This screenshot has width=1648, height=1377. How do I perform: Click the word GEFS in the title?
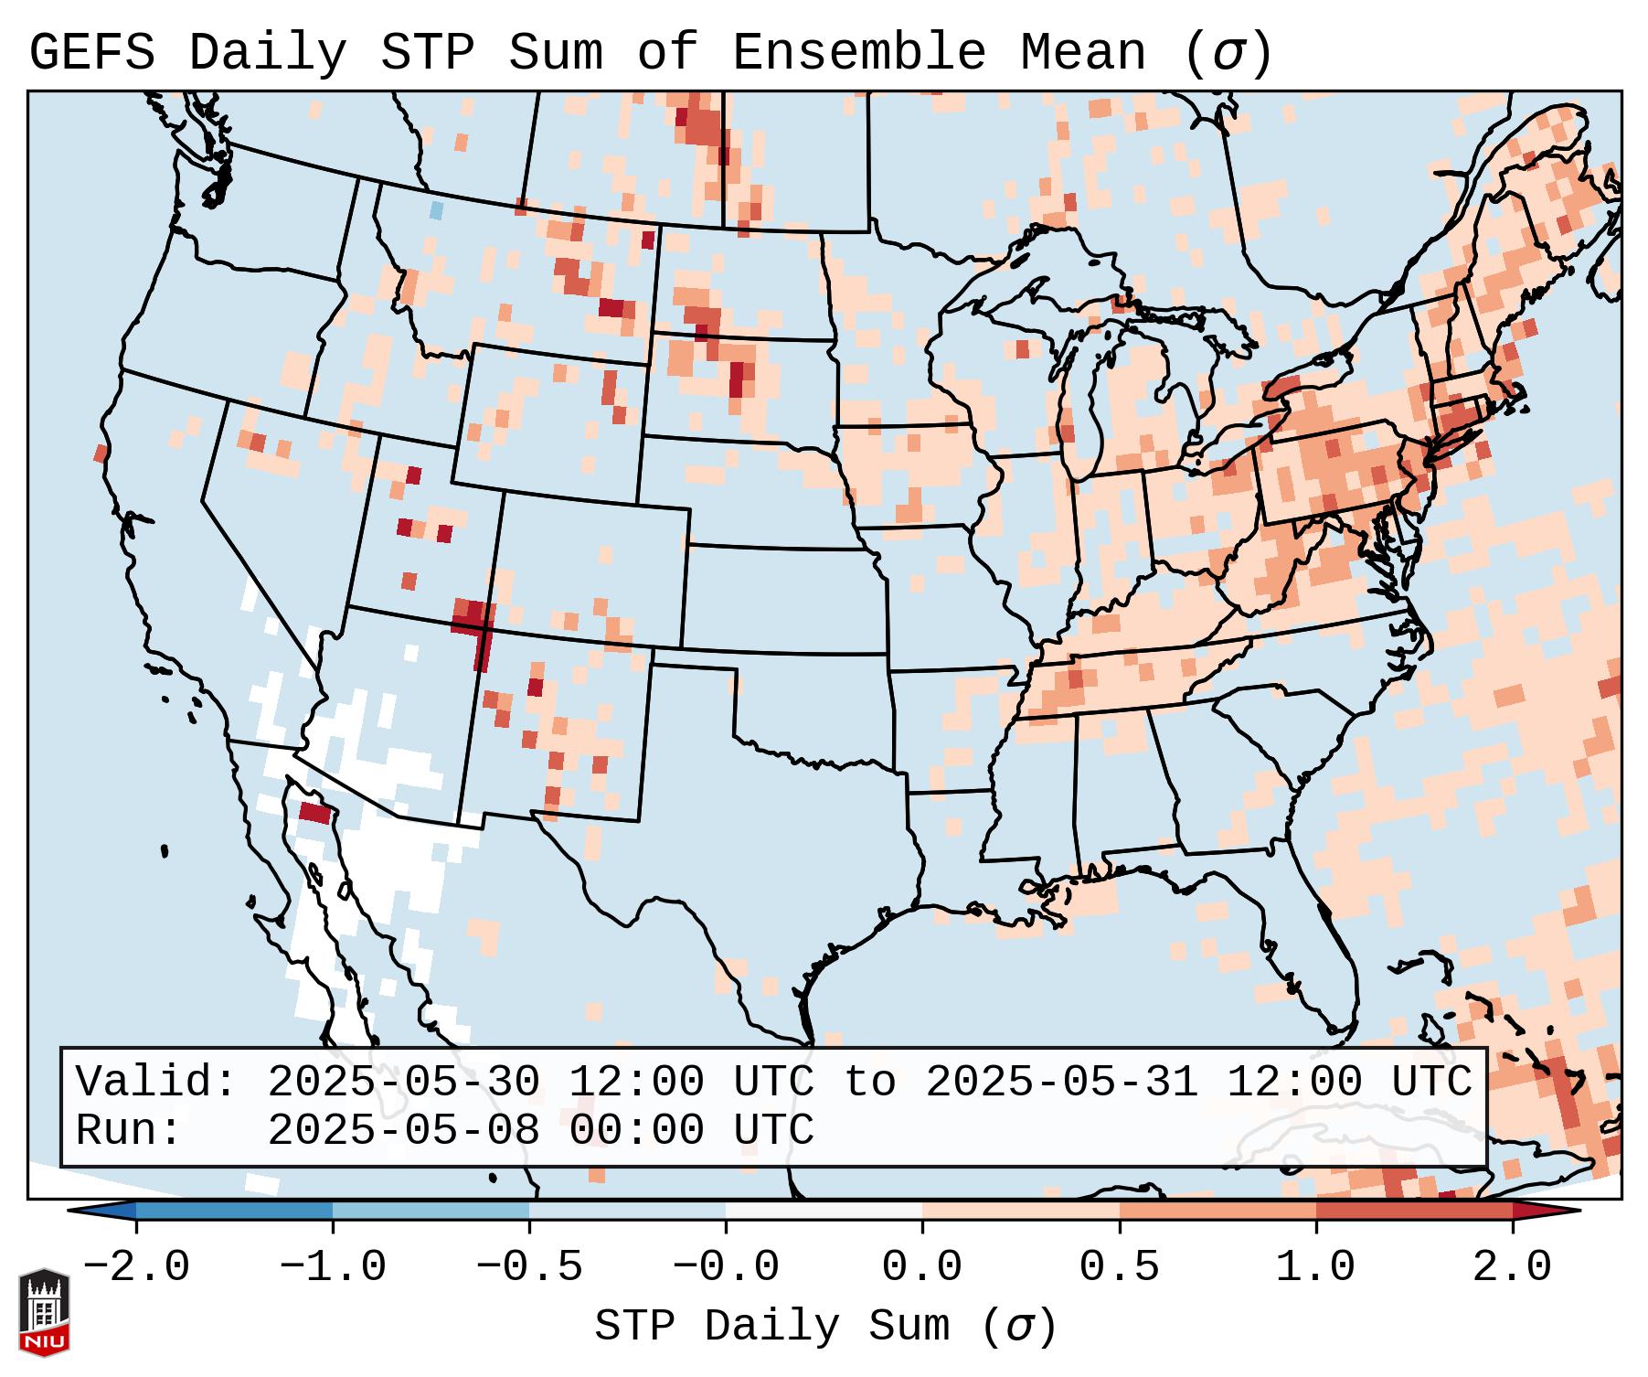[91, 53]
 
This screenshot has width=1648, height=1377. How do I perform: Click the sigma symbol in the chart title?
[1228, 53]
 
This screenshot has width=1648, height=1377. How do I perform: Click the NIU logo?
[44, 1313]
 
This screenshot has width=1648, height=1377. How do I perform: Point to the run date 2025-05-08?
[403, 1131]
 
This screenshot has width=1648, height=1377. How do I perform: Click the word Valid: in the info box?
[155, 1083]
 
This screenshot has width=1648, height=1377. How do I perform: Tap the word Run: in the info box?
[128, 1131]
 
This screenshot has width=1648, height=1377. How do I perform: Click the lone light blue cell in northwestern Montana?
[437, 210]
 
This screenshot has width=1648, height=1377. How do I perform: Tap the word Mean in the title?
[1082, 53]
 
